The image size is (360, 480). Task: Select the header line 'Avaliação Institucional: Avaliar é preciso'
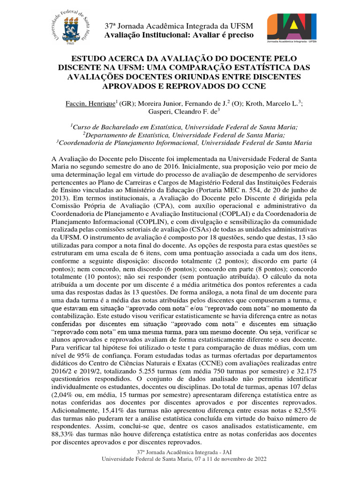point(178,35)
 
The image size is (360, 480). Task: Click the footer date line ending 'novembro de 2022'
point(185,459)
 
